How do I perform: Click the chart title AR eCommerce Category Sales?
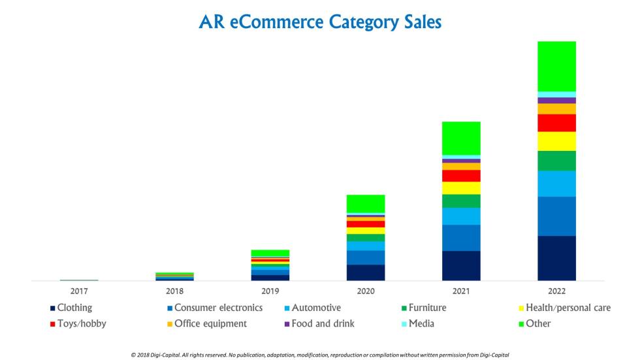tap(320, 22)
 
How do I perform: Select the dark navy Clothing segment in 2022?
tap(556, 258)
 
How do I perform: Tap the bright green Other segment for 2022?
tap(556, 66)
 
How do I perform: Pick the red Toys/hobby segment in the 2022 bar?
tap(556, 123)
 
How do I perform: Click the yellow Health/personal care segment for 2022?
tap(556, 141)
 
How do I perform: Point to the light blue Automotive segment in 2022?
tap(556, 184)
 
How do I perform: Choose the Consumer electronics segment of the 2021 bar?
tap(461, 238)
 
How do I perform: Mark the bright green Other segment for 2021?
tap(461, 138)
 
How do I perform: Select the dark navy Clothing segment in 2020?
tap(366, 272)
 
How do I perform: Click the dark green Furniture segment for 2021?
tap(461, 201)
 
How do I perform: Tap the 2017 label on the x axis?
tap(79, 291)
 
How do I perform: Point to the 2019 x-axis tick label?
tap(270, 291)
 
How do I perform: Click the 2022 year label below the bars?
tap(556, 291)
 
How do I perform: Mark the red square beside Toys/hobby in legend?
tap(52, 324)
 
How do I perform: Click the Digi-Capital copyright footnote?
tap(320, 354)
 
